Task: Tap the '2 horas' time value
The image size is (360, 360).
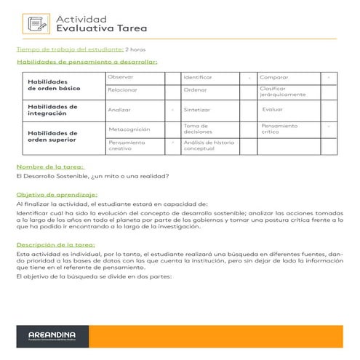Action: pos(135,49)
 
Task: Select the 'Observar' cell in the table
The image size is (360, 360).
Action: pos(120,76)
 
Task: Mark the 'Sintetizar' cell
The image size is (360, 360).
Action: pos(198,110)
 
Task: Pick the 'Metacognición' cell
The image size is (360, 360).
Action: pos(129,129)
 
